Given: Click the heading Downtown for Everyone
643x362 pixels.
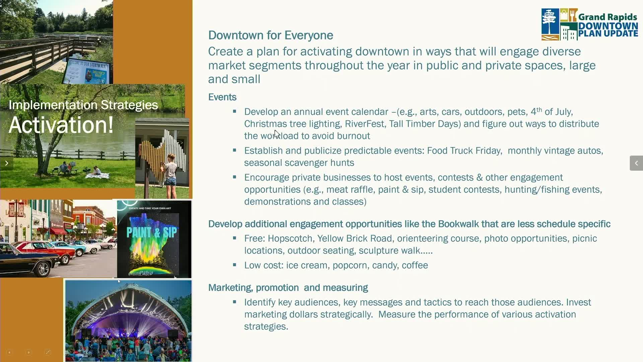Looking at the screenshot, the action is (x=271, y=35).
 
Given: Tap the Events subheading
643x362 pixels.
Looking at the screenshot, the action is (x=222, y=97).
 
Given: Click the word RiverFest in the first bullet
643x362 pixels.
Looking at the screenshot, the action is (x=364, y=124).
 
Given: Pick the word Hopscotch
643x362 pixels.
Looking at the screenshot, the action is (x=290, y=239).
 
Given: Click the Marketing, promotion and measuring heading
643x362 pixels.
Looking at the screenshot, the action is (x=288, y=288).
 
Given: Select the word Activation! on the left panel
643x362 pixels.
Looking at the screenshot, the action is (x=61, y=125).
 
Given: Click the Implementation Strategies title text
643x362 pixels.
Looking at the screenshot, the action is (x=83, y=105).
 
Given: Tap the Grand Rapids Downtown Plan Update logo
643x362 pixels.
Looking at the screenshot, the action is (x=590, y=24).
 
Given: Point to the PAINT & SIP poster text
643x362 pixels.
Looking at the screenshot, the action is (x=152, y=232).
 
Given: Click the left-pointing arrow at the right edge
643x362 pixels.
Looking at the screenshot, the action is (x=636, y=163).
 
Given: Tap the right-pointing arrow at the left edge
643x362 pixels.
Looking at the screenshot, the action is (x=6, y=163).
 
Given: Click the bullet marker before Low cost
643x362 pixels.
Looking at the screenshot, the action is (x=234, y=265).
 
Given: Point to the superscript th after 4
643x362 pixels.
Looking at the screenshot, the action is (x=539, y=109).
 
